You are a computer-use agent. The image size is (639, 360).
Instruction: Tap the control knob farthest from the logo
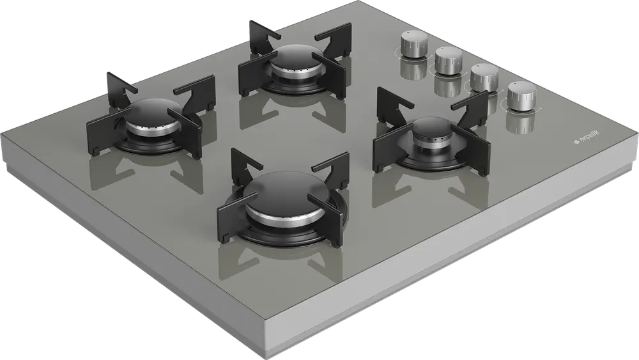tap(413, 45)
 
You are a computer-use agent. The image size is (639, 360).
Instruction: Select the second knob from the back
tap(449, 61)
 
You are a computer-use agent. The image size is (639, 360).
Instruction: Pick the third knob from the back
tap(484, 78)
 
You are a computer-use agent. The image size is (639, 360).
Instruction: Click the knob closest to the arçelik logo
tap(521, 96)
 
